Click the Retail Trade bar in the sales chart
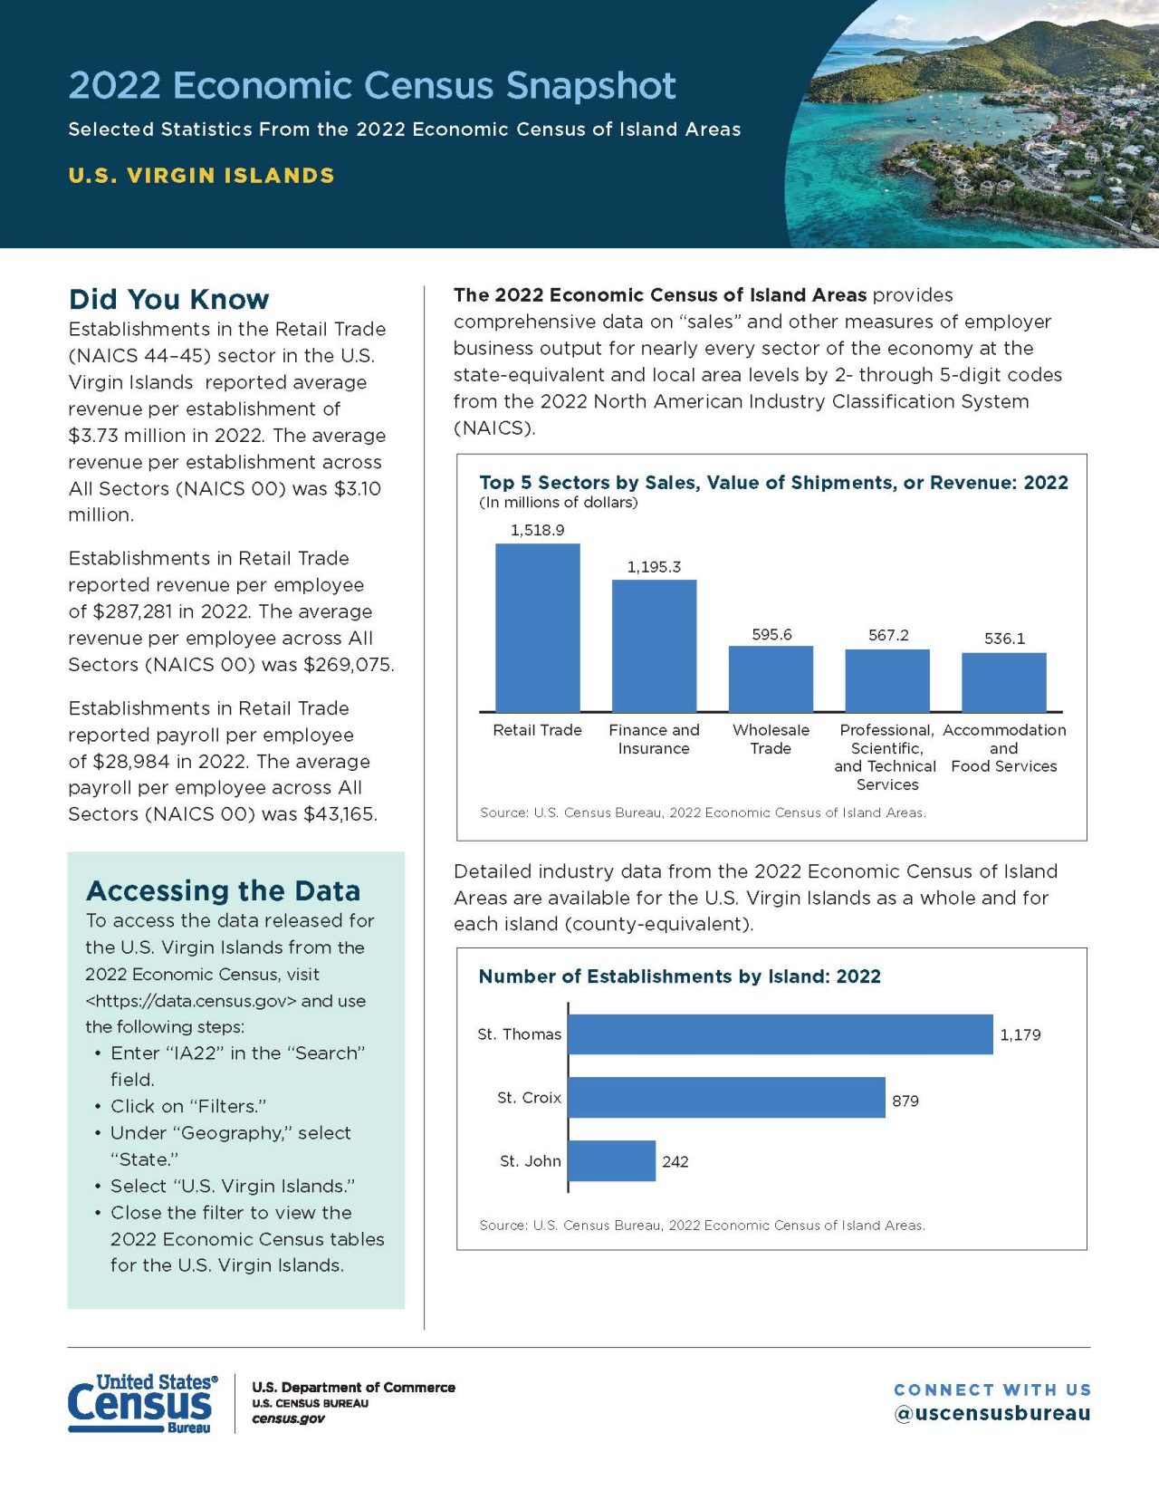coord(537,627)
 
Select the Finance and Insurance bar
coord(654,645)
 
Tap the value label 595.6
coord(771,634)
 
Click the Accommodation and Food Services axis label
coord(1004,748)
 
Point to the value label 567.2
coord(888,635)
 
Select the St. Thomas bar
coord(780,1034)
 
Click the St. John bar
coord(611,1160)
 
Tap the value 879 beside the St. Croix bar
coord(905,1101)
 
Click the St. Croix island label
coord(529,1097)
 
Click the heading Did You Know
coord(168,299)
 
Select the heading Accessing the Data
coord(223,890)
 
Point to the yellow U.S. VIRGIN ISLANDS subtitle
coord(201,175)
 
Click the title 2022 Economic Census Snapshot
coord(372,85)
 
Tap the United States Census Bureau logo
coord(142,1403)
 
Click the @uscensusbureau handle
coord(992,1413)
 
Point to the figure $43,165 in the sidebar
coord(340,813)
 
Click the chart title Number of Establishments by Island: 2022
coord(679,976)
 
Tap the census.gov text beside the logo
coord(288,1418)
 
